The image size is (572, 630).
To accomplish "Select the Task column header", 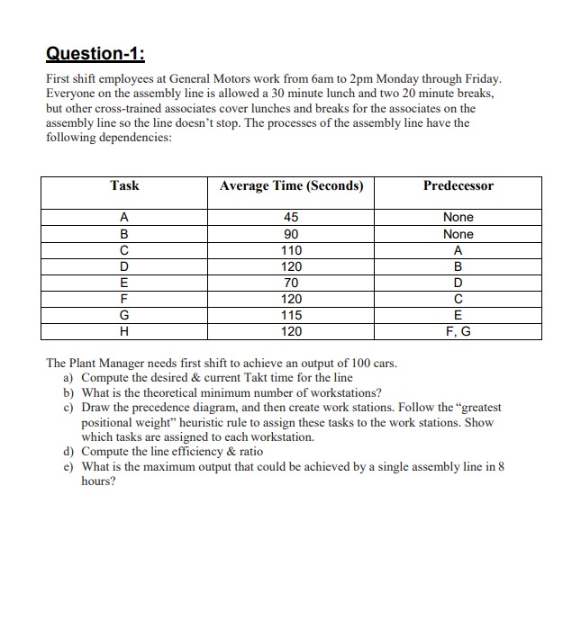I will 124,185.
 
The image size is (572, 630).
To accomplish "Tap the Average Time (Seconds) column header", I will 291,185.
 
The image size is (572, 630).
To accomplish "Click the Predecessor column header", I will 459,185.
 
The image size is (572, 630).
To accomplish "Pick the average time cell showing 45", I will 291,217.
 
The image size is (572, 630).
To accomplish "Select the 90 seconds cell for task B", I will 291,234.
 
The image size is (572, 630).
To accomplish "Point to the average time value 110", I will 291,250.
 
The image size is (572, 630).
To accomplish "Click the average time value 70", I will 291,283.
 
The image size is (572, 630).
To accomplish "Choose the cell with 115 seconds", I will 291,315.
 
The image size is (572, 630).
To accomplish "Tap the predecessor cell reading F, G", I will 459,331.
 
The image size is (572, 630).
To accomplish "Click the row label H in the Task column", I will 124,331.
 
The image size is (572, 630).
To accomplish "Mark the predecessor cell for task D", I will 459,266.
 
